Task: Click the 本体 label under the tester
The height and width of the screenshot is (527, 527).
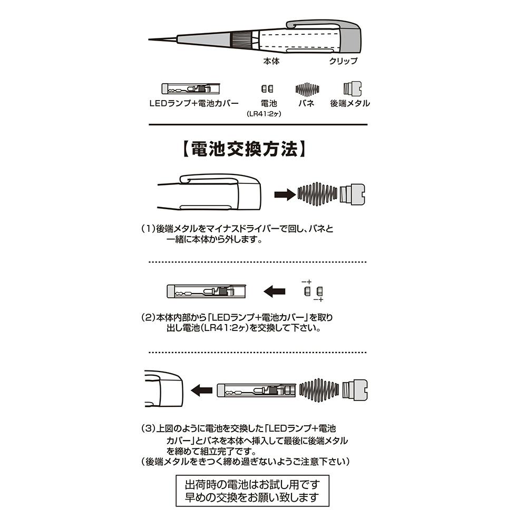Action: tap(271, 61)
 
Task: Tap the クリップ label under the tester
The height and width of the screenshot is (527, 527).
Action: tap(343, 61)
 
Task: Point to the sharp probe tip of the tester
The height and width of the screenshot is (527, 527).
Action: tap(149, 40)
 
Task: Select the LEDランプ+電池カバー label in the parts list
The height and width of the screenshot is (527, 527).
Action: tap(194, 103)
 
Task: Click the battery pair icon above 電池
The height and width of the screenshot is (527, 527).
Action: tap(267, 89)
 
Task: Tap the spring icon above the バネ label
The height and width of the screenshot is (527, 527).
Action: tap(307, 89)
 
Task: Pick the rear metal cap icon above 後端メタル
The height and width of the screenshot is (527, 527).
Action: tap(352, 89)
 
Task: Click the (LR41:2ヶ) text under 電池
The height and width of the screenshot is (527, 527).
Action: tap(264, 114)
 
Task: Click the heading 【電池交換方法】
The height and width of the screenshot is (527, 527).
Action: tap(245, 149)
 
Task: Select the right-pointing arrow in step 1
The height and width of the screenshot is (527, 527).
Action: tap(285, 194)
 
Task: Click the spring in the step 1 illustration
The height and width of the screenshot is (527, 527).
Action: tap(317, 194)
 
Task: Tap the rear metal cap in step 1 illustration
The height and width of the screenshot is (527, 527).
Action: tap(352, 194)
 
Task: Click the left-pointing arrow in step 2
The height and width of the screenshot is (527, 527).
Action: tap(274, 291)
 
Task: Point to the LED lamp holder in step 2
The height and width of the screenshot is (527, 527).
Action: tap(207, 291)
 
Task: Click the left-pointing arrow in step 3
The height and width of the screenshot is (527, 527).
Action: tap(202, 390)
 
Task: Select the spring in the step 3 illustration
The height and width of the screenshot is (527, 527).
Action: tap(319, 390)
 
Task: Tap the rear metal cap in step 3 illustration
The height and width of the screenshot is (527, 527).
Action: tap(355, 390)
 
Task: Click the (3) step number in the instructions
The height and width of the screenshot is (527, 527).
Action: tap(148, 428)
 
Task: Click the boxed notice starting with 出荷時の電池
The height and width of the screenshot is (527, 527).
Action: tap(252, 491)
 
